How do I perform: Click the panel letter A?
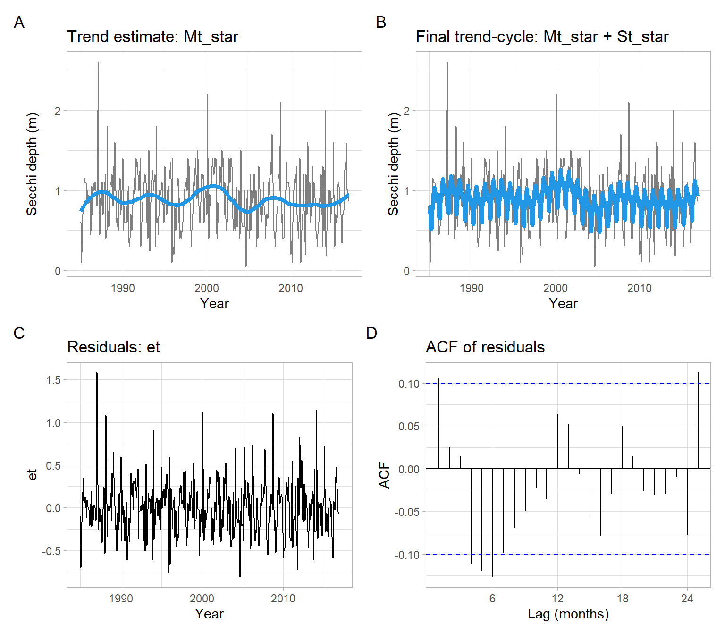19,22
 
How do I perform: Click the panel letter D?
371,333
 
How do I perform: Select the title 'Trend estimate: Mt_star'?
152,37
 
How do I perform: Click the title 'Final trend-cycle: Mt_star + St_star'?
542,37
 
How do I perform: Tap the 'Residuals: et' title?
113,347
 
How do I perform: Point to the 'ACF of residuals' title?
485,347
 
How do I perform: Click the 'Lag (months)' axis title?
568,614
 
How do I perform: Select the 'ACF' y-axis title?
384,475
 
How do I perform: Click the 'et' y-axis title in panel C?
32,475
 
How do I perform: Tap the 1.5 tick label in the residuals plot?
54,380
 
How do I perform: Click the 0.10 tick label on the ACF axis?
409,384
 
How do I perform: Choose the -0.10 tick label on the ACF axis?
407,555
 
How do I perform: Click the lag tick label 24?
687,599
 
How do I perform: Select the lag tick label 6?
492,599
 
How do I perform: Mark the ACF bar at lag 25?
698,420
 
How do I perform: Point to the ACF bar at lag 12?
557,442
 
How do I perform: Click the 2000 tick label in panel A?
207,288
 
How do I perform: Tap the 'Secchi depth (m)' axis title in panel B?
393,164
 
